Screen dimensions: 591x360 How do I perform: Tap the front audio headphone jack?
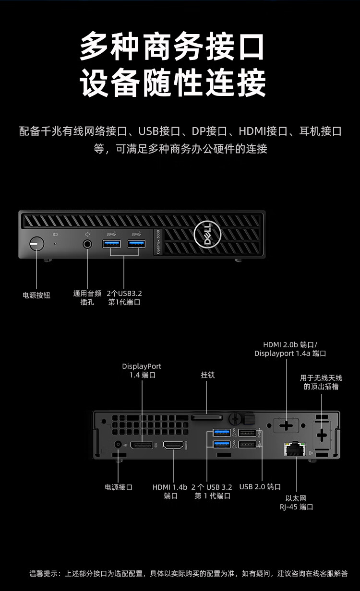87,244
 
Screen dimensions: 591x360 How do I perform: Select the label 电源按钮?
36,295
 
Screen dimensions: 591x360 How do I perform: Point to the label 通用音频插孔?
87,298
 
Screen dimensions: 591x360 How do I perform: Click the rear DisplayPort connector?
142,446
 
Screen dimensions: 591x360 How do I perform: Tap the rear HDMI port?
173,446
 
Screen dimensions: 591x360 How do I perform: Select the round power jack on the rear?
118,445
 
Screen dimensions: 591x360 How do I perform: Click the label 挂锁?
208,375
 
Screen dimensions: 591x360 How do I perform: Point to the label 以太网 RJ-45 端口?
296,502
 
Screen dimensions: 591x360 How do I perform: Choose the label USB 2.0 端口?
260,487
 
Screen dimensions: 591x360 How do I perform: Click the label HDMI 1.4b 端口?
170,491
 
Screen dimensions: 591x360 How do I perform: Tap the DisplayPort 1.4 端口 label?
142,370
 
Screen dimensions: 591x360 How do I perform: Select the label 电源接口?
119,487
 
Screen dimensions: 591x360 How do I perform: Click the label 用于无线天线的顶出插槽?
321,382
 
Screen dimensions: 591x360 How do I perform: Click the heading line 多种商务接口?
172,47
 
